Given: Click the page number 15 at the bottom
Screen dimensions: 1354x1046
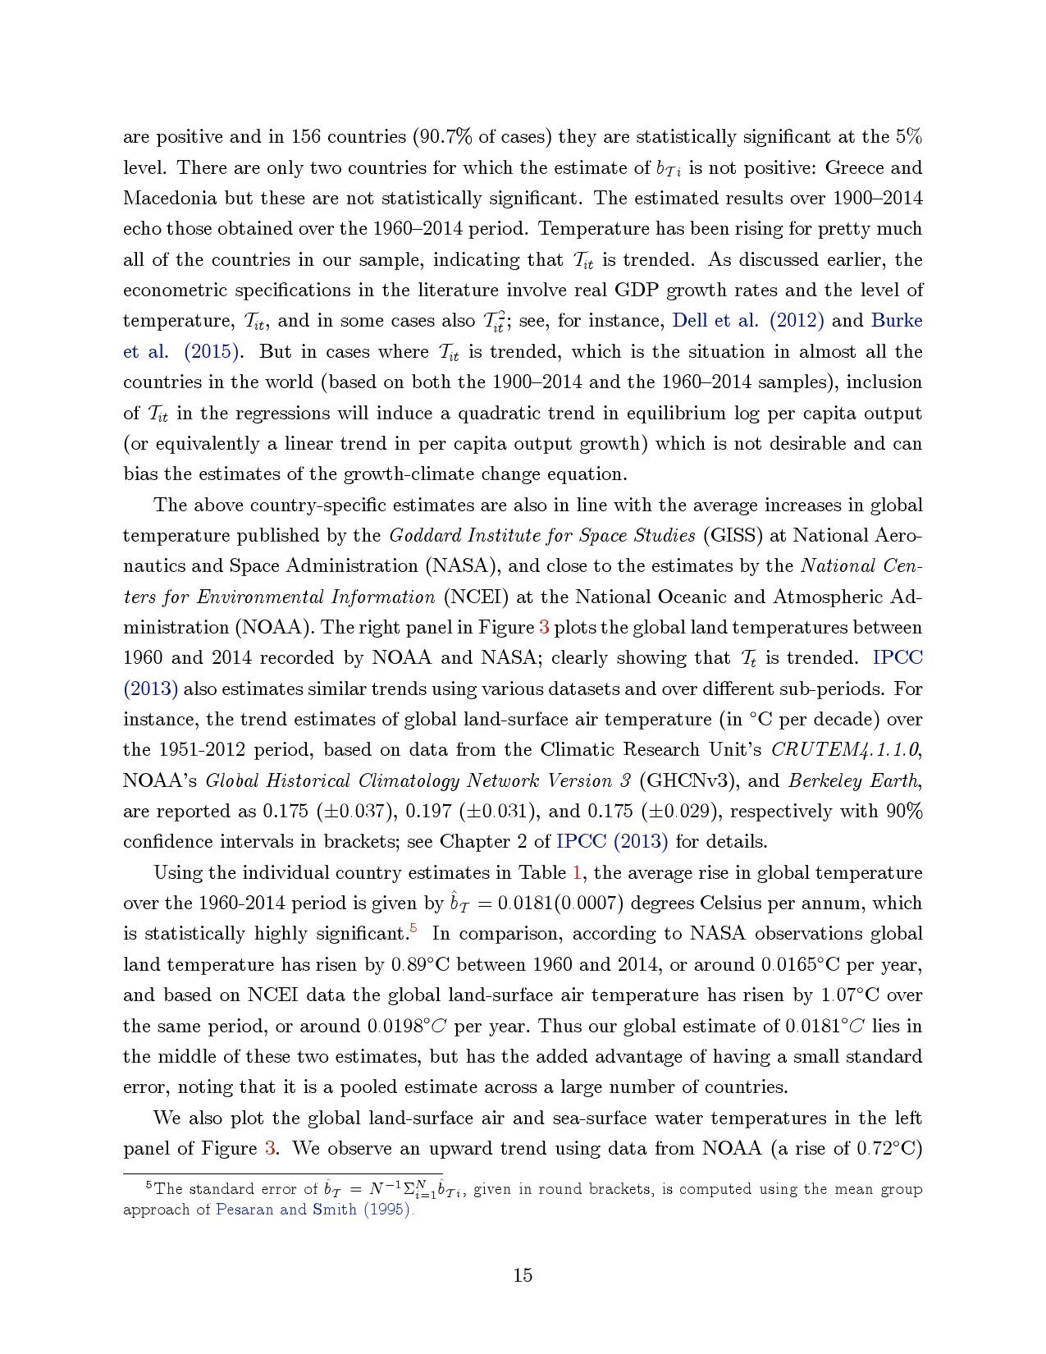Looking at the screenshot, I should tap(523, 1275).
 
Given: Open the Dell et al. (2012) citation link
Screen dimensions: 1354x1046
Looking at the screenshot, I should tap(747, 320).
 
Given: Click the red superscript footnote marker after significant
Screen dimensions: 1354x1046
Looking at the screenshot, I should tap(413, 929).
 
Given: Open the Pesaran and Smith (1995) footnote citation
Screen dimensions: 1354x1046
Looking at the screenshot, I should tap(313, 1210).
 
